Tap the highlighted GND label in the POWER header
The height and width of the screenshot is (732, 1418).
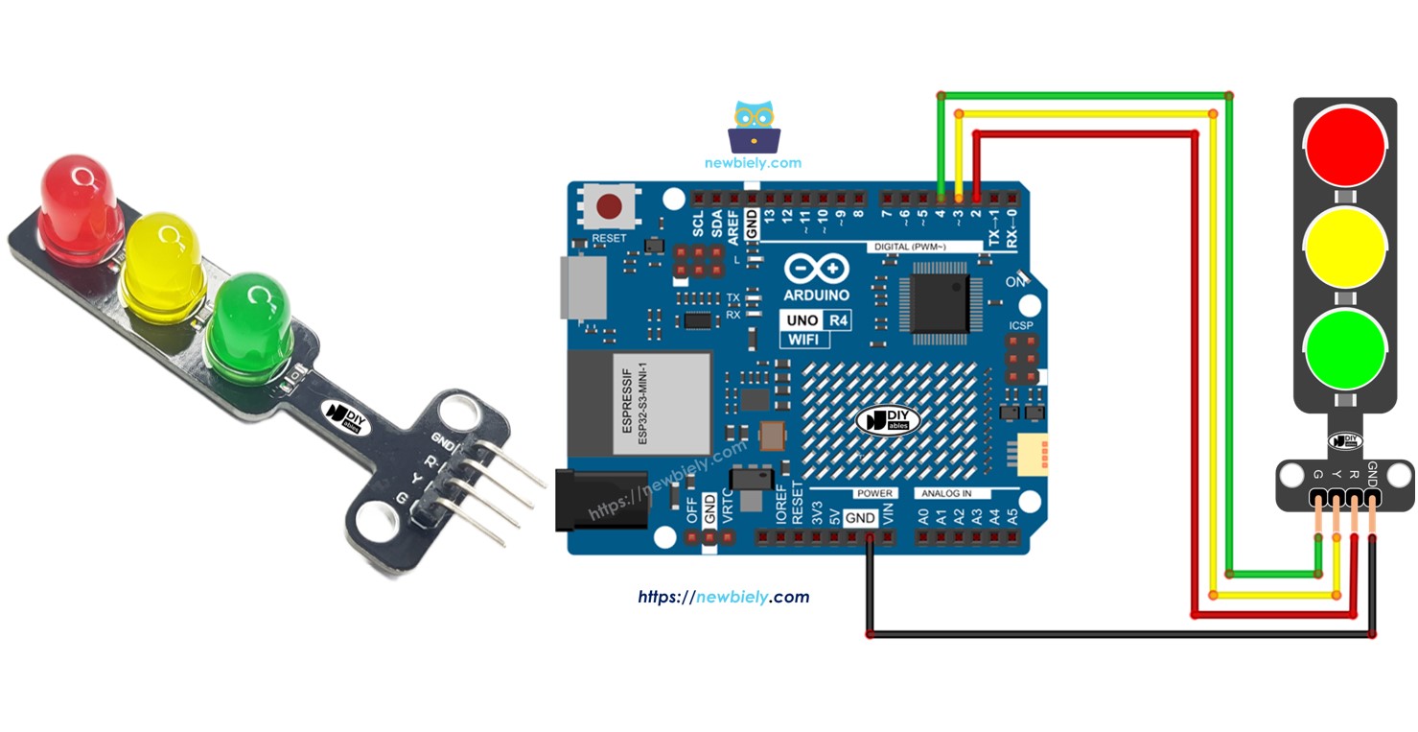point(860,518)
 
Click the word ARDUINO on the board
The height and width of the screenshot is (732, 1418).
point(816,295)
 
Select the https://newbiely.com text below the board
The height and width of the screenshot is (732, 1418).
point(724,597)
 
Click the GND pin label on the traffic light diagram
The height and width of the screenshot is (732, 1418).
point(1373,472)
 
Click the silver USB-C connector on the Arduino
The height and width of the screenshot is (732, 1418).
point(583,288)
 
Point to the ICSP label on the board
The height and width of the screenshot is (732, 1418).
point(1021,326)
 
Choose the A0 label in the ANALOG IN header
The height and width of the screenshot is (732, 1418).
point(924,517)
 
